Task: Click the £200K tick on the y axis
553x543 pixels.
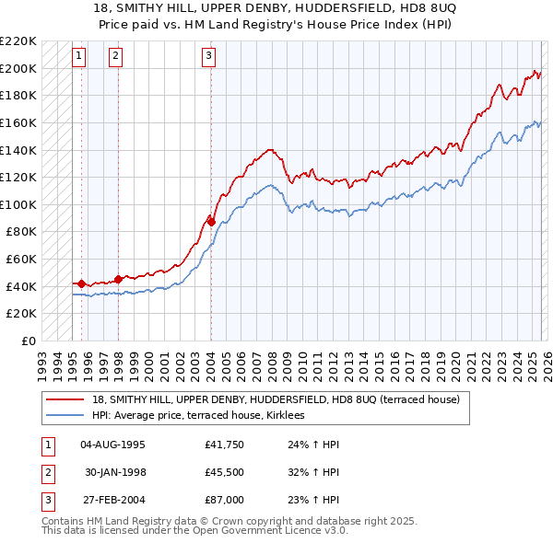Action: (x=19, y=68)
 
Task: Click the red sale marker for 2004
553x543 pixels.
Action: (x=211, y=222)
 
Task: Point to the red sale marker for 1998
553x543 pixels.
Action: (x=118, y=279)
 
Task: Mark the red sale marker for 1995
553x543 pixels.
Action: (x=81, y=283)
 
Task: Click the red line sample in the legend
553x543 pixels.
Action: (x=66, y=399)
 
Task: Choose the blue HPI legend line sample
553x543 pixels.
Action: (x=66, y=416)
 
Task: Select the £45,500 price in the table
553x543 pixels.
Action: (x=224, y=472)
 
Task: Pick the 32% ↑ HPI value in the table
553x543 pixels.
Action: (x=308, y=472)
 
